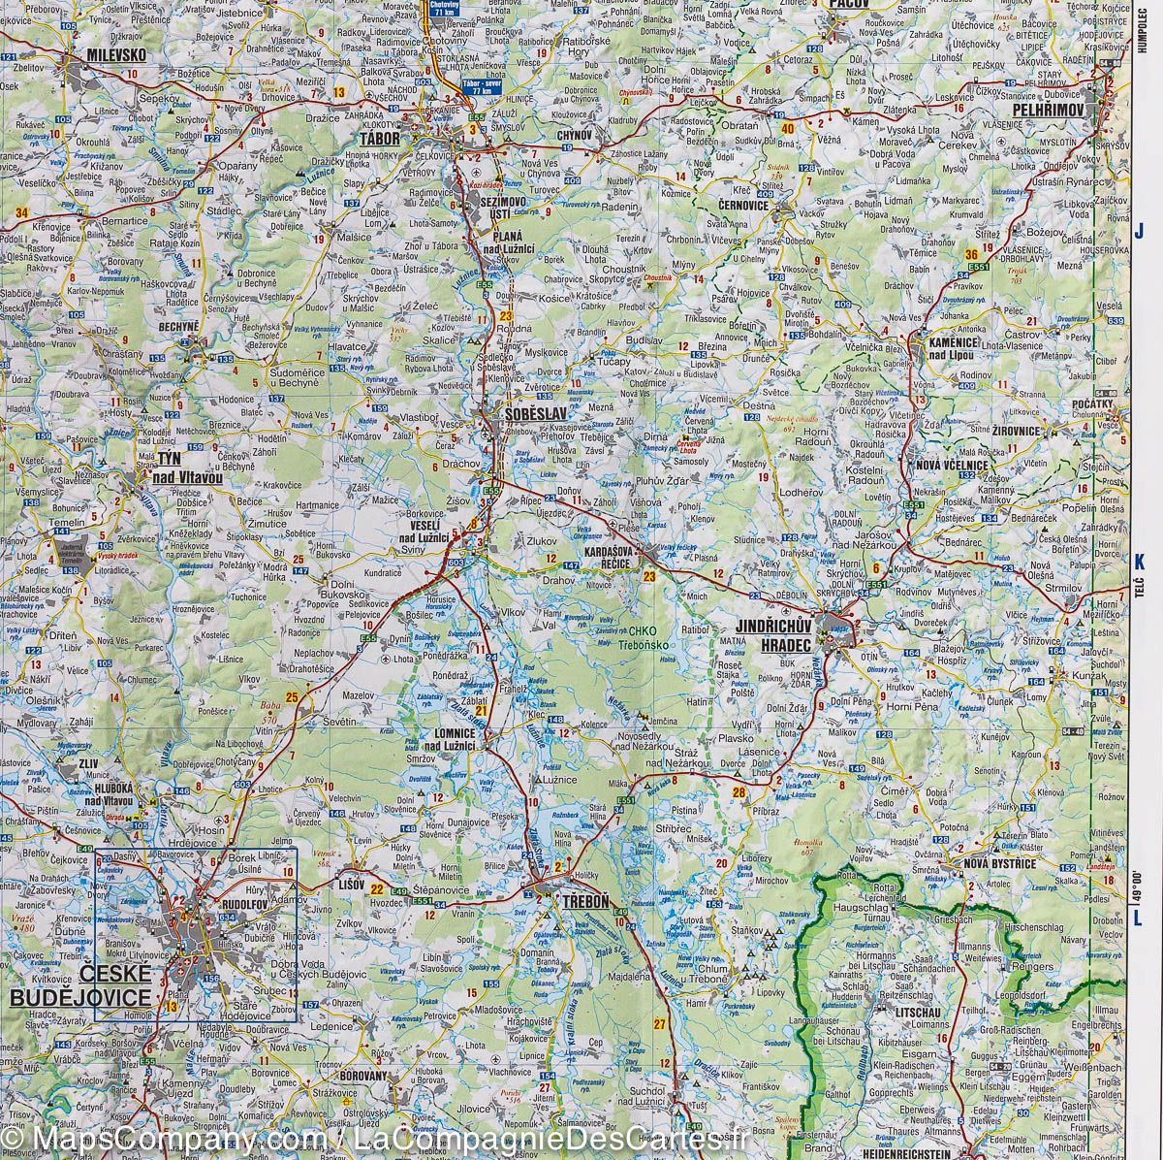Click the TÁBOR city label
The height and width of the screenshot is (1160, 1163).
pyautogui.click(x=379, y=139)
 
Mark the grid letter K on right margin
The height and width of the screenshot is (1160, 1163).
pyautogui.click(x=1141, y=560)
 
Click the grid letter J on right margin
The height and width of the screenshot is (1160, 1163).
pyautogui.click(x=1141, y=231)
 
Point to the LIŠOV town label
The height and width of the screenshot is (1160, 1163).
pyautogui.click(x=350, y=885)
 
